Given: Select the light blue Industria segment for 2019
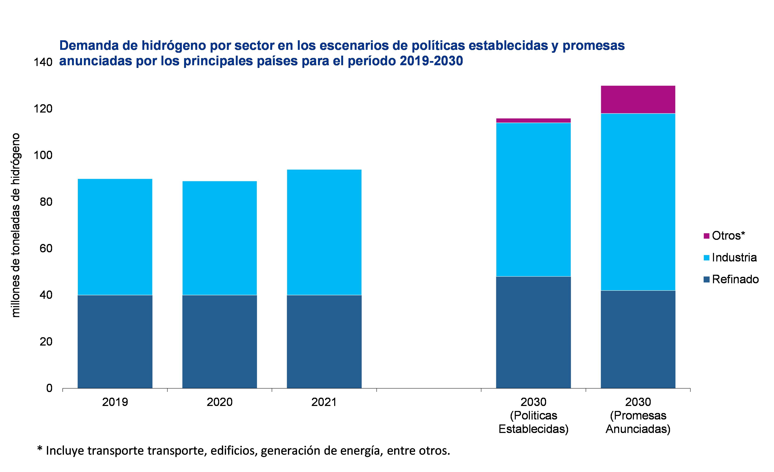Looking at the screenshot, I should [115, 237].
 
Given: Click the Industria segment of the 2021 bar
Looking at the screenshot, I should [324, 232].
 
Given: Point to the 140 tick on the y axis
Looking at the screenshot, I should [43, 62].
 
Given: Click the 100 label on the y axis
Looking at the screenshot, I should [43, 155].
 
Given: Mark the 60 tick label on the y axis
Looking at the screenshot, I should [46, 248].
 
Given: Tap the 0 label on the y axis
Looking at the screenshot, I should [49, 388].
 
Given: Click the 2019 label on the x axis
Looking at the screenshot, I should [115, 402].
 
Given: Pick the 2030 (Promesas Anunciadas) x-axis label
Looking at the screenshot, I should [638, 416].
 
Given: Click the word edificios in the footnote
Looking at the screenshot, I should [234, 451].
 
